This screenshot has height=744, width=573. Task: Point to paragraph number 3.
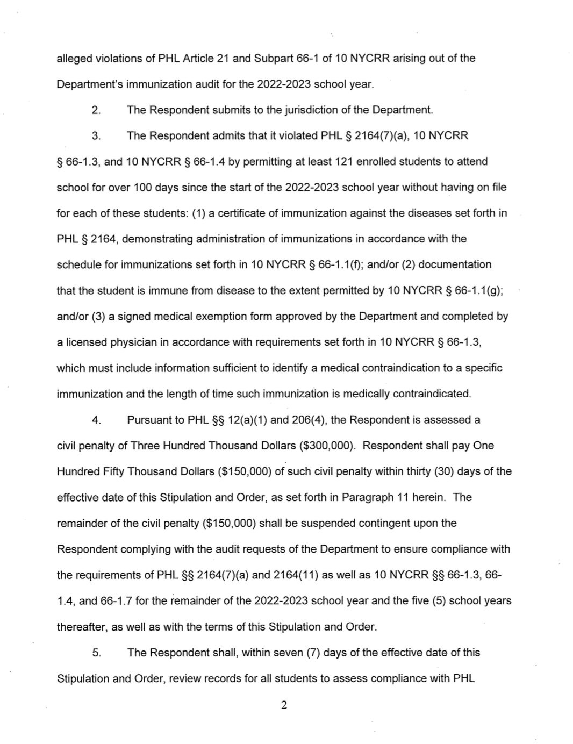point(96,135)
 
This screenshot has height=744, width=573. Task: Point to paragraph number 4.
point(96,419)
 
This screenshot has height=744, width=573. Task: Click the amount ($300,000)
point(327,445)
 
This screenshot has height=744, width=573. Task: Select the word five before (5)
point(420,600)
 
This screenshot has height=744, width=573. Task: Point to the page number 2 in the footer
point(284,705)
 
